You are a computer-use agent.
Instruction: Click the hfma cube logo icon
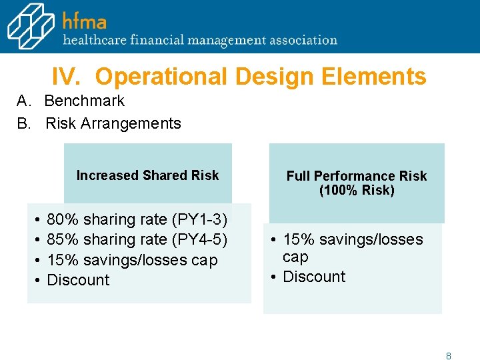[31, 27]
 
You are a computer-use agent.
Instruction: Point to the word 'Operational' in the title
[162, 77]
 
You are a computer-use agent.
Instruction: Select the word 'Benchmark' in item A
[85, 101]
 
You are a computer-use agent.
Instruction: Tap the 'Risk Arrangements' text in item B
[113, 123]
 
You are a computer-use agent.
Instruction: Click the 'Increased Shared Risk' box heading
[147, 175]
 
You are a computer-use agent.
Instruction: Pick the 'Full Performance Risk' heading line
[356, 176]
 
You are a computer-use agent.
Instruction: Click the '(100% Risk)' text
[357, 191]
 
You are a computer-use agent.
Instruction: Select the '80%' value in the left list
[61, 220]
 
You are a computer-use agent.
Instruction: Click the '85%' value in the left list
[61, 239]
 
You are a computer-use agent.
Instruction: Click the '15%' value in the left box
[61, 260]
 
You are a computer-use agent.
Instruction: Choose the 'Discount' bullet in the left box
[78, 280]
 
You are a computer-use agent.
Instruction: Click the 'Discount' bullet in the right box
[314, 277]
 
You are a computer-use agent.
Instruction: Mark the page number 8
[449, 356]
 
